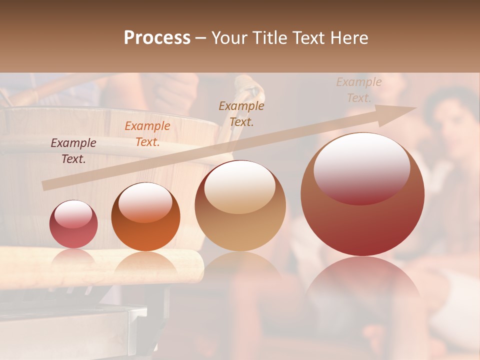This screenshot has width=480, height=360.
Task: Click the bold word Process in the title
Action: (x=157, y=38)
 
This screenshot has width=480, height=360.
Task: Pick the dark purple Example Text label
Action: (x=73, y=151)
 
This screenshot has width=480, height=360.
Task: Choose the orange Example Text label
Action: (x=147, y=134)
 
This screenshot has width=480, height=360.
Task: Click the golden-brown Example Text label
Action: (x=241, y=113)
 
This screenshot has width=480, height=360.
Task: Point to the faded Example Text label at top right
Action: (x=358, y=90)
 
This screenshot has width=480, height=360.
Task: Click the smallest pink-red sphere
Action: (x=73, y=224)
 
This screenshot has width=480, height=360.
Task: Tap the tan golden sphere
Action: (x=240, y=205)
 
